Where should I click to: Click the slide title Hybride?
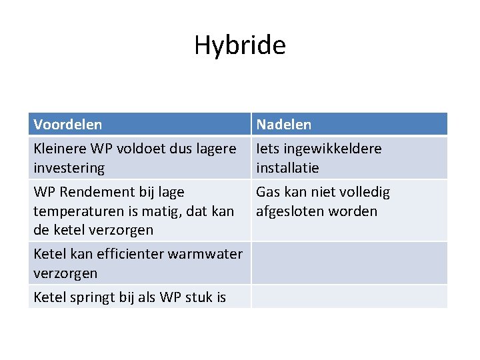(240, 45)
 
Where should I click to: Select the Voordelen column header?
(68, 125)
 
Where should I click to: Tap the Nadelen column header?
(284, 125)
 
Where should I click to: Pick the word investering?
(69, 168)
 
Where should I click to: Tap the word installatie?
(288, 168)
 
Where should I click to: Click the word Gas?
(268, 192)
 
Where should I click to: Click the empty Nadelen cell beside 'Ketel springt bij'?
(349, 297)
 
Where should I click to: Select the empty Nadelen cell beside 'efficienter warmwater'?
(349, 263)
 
